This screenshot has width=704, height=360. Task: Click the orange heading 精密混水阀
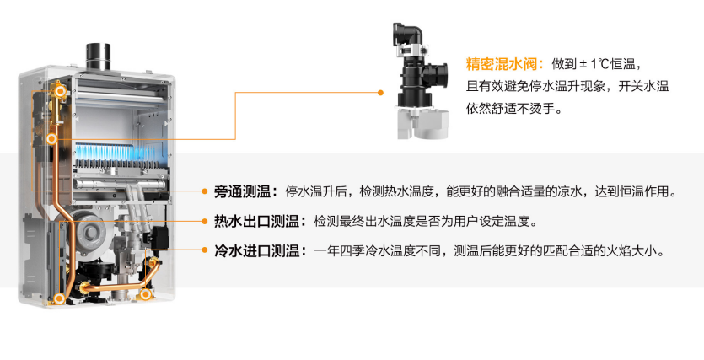click(x=502, y=64)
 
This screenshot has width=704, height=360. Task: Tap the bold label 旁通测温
click(x=243, y=191)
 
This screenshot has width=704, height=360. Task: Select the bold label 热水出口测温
click(x=256, y=221)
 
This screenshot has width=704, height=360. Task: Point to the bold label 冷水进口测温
click(x=256, y=250)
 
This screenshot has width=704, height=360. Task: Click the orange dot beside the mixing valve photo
click(x=380, y=93)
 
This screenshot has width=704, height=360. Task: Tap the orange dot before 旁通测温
click(x=204, y=191)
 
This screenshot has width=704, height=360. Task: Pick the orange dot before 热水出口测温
click(x=204, y=221)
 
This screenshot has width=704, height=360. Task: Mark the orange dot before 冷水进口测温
click(x=204, y=250)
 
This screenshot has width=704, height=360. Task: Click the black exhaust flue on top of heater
click(x=98, y=56)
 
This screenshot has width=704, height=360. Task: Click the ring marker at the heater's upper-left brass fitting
click(x=61, y=92)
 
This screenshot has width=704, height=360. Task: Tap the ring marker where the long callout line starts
click(x=52, y=139)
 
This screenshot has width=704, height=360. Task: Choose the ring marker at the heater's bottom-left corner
click(x=59, y=298)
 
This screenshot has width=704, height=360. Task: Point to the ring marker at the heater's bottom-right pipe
click(x=144, y=294)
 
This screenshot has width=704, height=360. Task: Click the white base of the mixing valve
click(x=423, y=122)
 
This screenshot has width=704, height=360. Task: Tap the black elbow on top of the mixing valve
click(x=408, y=34)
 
